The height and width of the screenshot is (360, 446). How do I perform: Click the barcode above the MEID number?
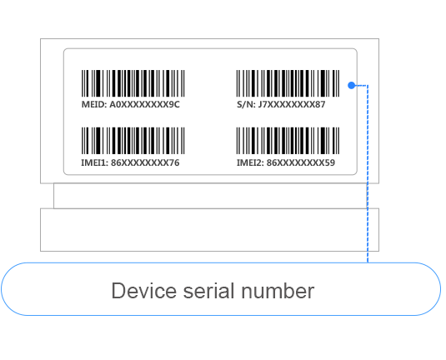[133, 83]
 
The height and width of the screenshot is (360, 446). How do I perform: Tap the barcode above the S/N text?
[288, 83]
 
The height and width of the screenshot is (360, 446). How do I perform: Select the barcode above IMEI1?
[133, 141]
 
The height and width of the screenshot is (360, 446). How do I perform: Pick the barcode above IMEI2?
[288, 141]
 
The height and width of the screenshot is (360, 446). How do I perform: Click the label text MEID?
[94, 105]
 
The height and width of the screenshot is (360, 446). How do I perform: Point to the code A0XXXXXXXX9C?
[144, 105]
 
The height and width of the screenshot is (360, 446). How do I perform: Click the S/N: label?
[246, 105]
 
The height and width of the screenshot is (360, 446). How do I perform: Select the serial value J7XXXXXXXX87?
[292, 105]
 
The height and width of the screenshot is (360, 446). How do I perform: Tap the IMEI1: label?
[95, 162]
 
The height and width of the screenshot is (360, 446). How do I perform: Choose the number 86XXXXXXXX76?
[145, 162]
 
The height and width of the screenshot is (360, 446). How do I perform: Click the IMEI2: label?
[250, 162]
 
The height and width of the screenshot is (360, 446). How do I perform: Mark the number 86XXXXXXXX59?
[301, 162]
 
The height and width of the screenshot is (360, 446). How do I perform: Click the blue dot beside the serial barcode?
[352, 85]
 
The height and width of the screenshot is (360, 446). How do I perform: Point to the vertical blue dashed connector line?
[368, 173]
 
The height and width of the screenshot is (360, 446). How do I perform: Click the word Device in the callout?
[144, 291]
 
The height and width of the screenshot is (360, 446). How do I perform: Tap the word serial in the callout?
[208, 291]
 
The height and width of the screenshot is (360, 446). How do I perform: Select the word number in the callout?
[278, 291]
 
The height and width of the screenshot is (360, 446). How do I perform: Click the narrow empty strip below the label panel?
[210, 196]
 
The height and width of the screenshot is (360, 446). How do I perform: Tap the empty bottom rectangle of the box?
[209, 230]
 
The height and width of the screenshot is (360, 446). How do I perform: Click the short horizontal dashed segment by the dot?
[361, 85]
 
